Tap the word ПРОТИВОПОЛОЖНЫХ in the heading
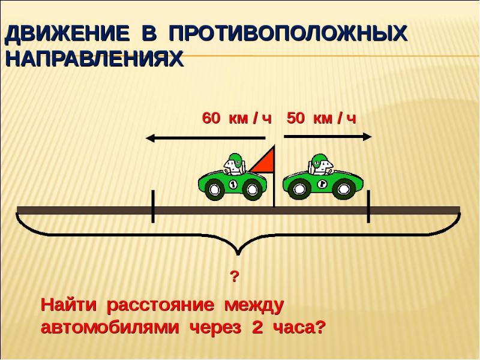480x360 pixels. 288,34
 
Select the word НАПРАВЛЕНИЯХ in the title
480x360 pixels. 94,59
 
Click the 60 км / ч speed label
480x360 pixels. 236,118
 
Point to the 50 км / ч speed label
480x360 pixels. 322,118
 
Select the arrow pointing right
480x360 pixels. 328,137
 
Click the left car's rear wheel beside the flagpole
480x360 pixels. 254,190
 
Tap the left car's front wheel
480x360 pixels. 215,190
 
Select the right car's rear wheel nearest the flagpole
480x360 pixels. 298,190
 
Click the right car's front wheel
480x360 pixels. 344,190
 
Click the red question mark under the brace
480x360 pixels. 235,277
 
